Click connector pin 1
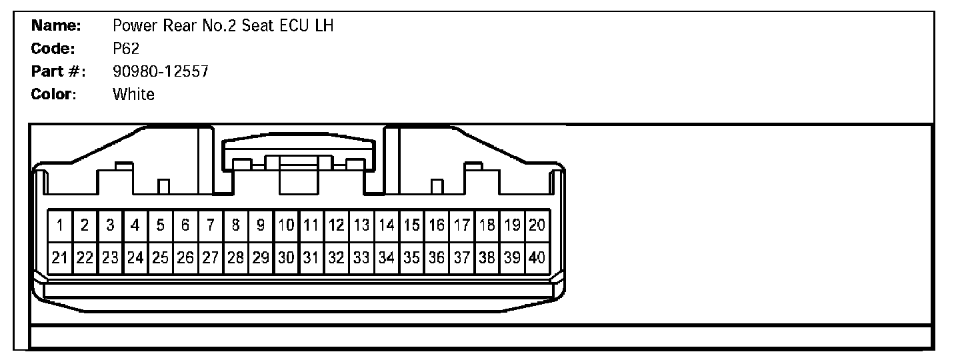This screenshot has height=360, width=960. pos(60,226)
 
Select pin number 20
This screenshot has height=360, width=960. pos(537,226)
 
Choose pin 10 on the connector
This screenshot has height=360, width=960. pos(287,226)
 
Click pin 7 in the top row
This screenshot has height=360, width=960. pos(211,226)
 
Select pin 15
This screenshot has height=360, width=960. pos(412,226)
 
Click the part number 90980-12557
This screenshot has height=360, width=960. pos(161,71)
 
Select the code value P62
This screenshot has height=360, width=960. pos(126,49)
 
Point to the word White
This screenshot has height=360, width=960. pos(133,94)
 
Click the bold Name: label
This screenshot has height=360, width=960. pos(56,26)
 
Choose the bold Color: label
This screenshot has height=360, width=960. pos(54,94)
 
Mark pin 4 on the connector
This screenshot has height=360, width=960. pos(135,226)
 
